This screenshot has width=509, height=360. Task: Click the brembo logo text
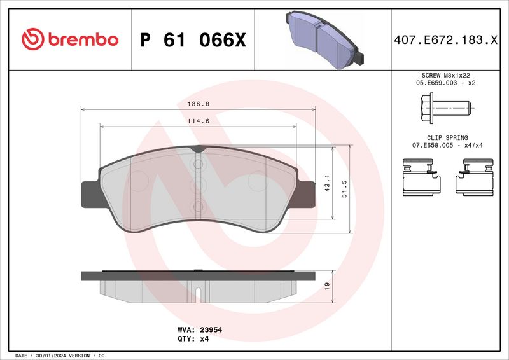[80, 39]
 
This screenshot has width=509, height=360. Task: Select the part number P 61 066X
[192, 40]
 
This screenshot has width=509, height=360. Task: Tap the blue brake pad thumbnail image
[324, 38]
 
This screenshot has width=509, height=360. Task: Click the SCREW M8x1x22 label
[446, 75]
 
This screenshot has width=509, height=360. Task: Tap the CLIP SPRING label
[448, 137]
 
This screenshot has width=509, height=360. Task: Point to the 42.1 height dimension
[327, 183]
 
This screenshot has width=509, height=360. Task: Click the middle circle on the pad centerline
[197, 185]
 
